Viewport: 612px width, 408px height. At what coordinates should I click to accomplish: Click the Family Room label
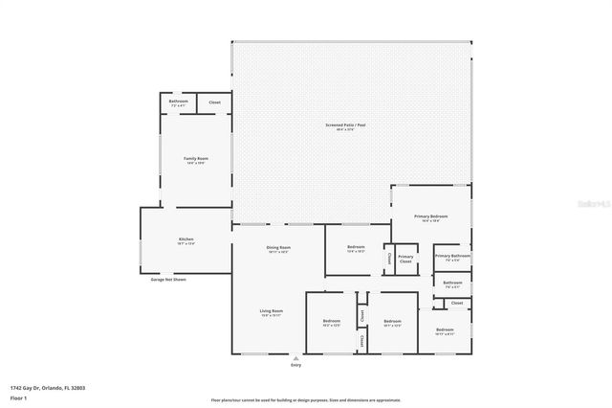coord(196,160)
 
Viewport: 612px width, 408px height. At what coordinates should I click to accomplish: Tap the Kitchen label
coord(186,241)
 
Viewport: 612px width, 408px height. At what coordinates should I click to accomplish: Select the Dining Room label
coord(278,249)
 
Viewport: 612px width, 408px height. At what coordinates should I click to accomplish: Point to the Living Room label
coord(272,312)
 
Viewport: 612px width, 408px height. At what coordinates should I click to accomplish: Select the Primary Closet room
coord(406,259)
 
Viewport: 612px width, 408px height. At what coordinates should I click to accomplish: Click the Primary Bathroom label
coord(452,258)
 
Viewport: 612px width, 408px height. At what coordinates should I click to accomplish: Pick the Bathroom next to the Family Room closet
coord(179,102)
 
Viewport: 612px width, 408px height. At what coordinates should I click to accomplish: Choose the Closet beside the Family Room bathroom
coord(214,102)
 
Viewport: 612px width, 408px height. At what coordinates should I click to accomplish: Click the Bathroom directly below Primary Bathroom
coord(452,284)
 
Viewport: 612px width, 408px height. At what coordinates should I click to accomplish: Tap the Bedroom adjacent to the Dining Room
coord(356,249)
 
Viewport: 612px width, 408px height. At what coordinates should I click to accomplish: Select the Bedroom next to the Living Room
coord(332,322)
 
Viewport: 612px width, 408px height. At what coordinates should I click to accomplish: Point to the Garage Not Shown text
coord(168,280)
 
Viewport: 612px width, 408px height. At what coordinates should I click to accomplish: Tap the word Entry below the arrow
coord(295,366)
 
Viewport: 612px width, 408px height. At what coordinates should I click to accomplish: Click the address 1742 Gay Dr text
coord(48,387)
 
